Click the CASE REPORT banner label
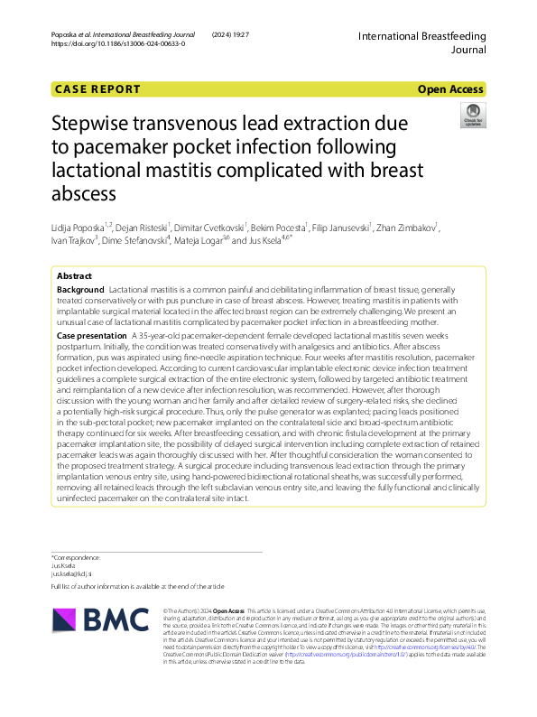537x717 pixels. click(98, 89)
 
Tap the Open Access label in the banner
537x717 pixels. click(449, 89)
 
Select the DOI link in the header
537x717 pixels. click(118, 43)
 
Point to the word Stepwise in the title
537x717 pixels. click(97, 123)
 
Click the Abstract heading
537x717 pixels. click(74, 275)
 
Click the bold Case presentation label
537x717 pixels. click(94, 335)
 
